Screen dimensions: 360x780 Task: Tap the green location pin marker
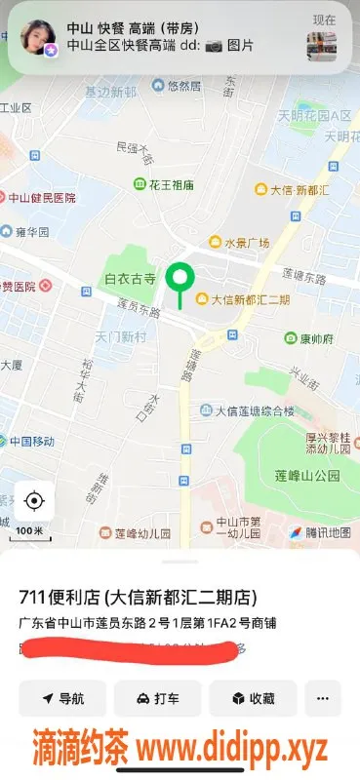[179, 280]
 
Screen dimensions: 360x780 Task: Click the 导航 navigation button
[62, 698]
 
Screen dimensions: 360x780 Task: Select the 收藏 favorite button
[253, 698]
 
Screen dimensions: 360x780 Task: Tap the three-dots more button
[323, 698]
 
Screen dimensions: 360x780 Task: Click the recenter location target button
[33, 501]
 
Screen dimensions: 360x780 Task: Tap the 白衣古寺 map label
[130, 279]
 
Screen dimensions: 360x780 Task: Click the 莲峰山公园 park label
[306, 475]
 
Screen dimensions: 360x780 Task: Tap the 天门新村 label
[121, 336]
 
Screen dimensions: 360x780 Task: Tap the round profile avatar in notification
[36, 38]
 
